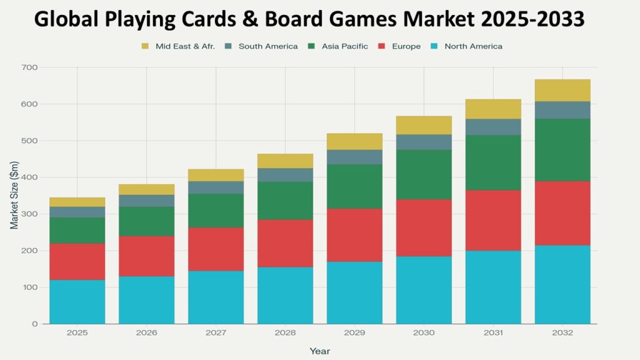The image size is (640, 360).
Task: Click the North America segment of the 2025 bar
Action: pos(77,302)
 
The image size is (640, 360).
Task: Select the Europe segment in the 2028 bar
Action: pos(286,243)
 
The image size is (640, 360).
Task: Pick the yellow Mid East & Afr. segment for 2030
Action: pos(424,125)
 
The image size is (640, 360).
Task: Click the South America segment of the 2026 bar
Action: pos(147,201)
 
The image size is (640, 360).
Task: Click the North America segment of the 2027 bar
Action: pos(216,297)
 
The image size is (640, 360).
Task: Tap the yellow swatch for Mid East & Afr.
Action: pos(146,46)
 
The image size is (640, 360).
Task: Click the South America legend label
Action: pos(268,46)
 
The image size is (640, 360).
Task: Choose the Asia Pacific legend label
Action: pos(345,46)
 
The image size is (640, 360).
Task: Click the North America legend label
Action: pos(473,46)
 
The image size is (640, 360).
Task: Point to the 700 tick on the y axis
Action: pos(30,67)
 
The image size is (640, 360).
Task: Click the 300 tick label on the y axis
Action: pos(30,214)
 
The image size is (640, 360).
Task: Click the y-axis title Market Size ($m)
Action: pos(14,195)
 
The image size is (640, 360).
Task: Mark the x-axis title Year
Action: pos(319,351)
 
